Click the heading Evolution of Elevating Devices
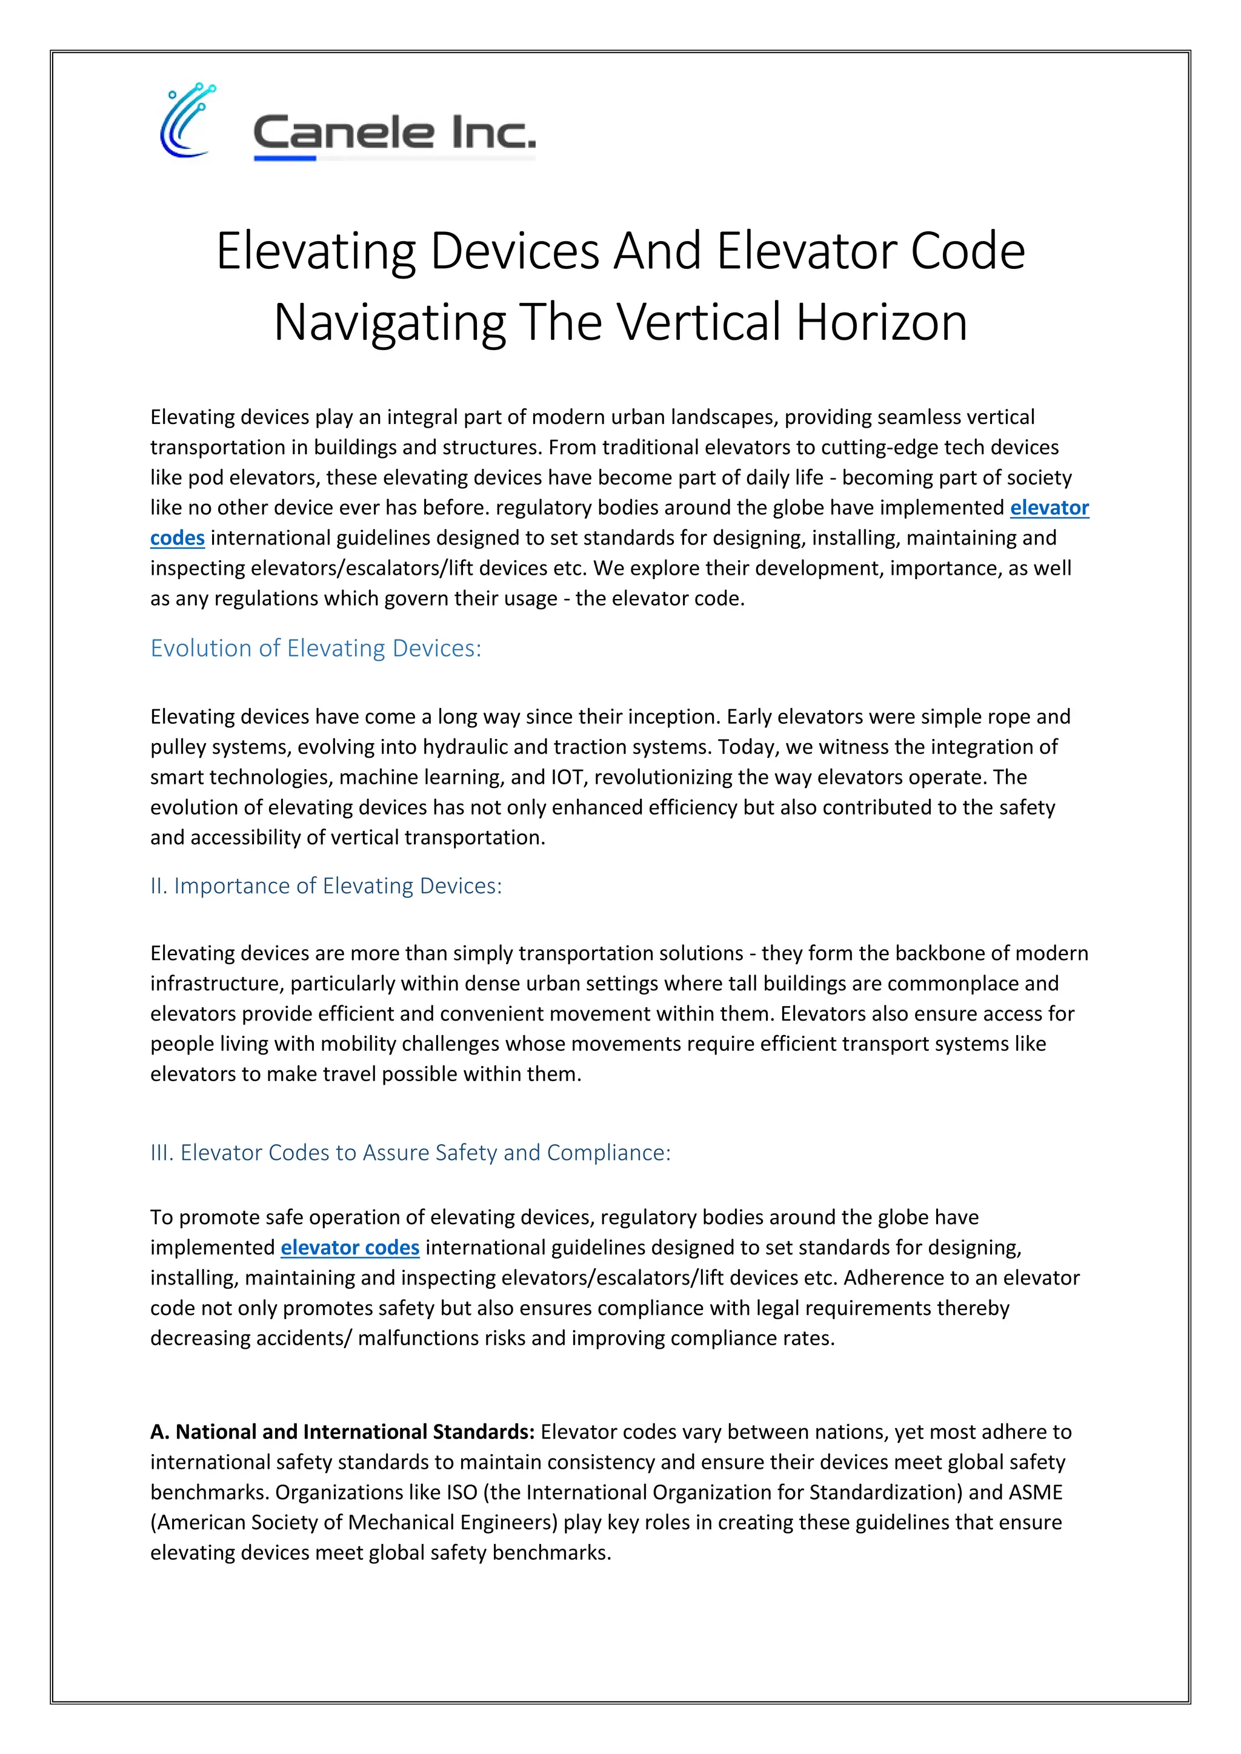click(316, 648)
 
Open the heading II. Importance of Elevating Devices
click(326, 885)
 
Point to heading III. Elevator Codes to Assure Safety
click(410, 1152)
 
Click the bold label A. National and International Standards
click(342, 1432)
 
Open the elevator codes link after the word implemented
click(350, 1248)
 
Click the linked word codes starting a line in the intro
click(178, 538)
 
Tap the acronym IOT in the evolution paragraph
click(570, 777)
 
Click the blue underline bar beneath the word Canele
click(285, 158)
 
